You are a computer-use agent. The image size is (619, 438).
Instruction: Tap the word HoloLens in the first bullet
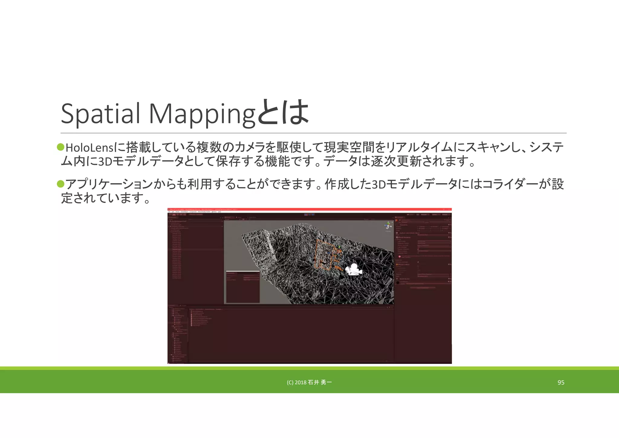tap(89, 148)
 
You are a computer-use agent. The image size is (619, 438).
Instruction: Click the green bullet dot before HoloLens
tap(61, 147)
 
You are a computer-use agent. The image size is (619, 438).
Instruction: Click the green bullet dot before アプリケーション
tap(61, 184)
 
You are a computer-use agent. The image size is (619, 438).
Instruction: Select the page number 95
tap(561, 383)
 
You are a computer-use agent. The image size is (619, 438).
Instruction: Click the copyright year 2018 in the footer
tap(300, 383)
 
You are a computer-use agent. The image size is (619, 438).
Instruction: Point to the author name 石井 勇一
tap(320, 383)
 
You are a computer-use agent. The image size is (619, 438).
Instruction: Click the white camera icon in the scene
tap(353, 270)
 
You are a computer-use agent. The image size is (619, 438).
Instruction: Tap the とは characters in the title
tap(283, 113)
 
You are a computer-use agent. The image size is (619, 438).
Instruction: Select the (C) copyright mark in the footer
tap(290, 383)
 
